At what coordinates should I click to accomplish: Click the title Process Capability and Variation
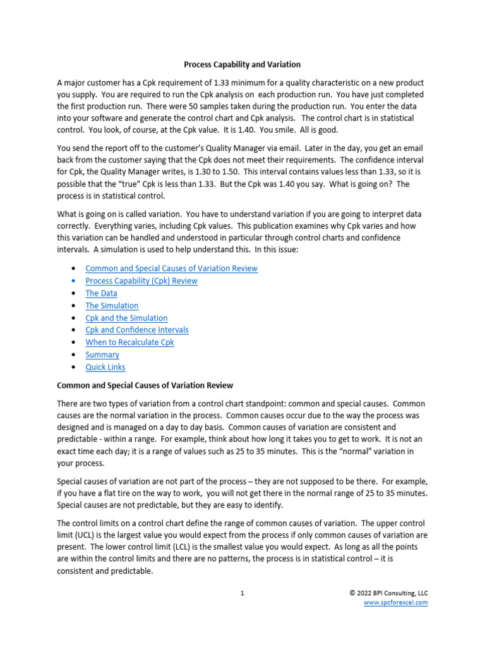pos(242,64)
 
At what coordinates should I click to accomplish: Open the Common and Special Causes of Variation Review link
pos(171,269)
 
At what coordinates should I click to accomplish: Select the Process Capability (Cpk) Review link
pos(141,281)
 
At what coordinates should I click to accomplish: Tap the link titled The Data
pos(101,293)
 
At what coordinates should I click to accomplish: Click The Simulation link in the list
pos(112,306)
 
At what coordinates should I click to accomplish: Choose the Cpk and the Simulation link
pos(126,318)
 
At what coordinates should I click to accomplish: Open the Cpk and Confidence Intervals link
pos(136,330)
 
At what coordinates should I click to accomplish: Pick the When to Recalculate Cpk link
pos(129,342)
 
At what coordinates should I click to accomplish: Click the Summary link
pos(102,354)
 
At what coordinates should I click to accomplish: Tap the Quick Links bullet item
pos(105,367)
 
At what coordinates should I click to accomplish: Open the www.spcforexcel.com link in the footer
pos(395,603)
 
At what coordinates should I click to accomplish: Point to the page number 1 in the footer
pos(242,593)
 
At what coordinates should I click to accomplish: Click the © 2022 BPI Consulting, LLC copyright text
pos(388,593)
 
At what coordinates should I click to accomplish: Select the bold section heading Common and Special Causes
pos(145,385)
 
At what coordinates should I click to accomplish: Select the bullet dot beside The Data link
pos(76,293)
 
